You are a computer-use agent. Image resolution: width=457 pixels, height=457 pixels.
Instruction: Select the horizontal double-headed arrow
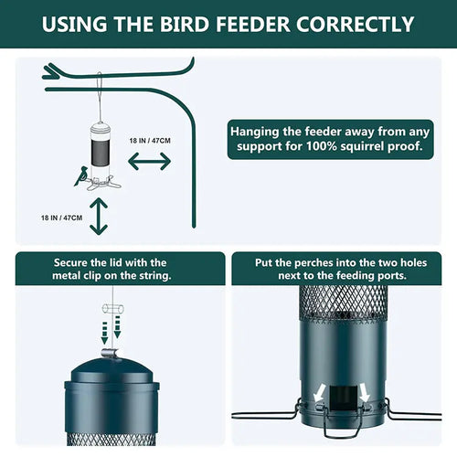pos(149,161)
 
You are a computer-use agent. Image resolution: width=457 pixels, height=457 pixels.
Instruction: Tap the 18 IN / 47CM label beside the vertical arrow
pos(62,218)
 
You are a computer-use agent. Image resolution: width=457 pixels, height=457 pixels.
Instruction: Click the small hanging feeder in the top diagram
pos(100,146)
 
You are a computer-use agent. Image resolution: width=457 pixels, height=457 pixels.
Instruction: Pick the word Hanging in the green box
pos(260,130)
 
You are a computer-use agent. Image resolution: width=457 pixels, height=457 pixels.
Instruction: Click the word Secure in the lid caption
pos(74,262)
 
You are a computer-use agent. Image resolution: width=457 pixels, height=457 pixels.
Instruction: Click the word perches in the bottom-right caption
pos(313,262)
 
